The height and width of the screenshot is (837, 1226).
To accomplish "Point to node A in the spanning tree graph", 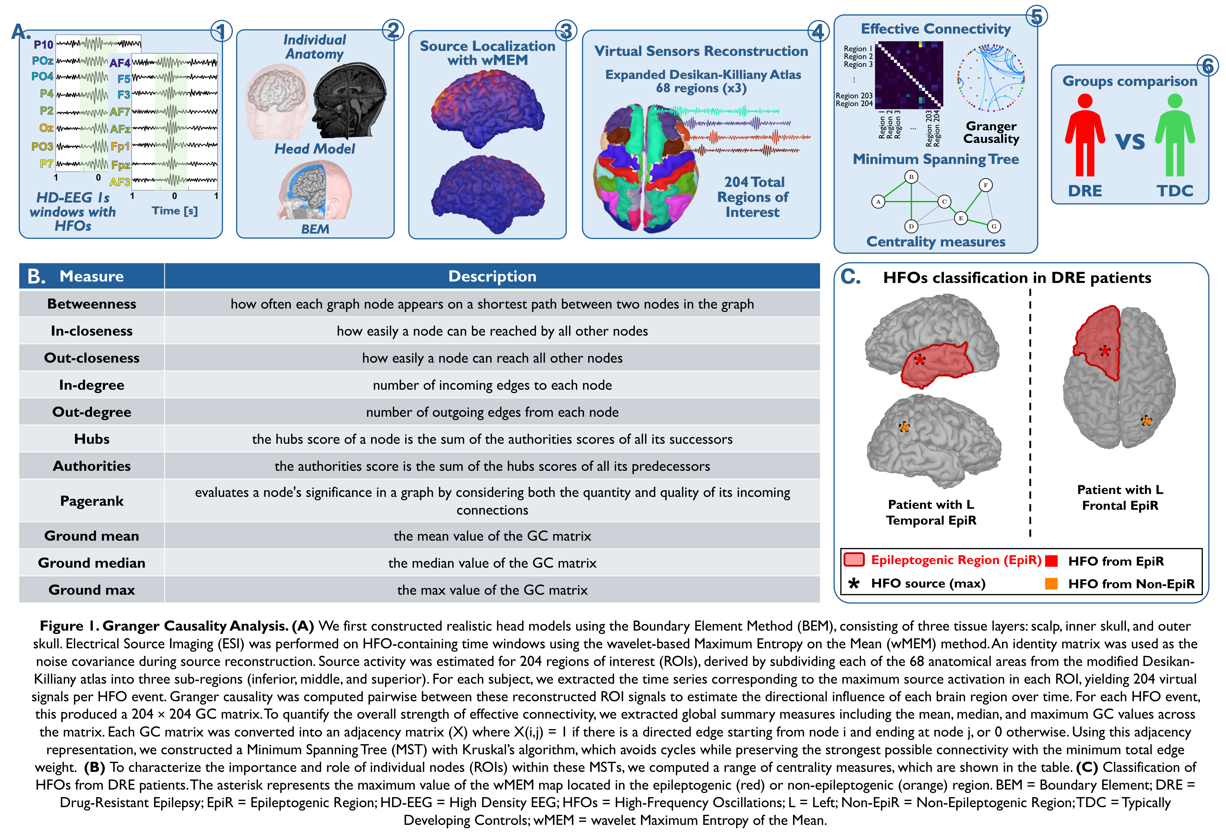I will tap(878, 201).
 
